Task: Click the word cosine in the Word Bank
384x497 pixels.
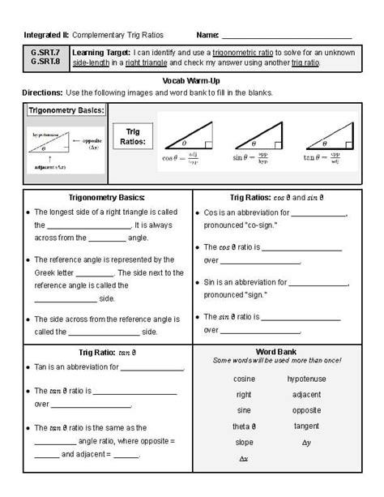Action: [x=244, y=379]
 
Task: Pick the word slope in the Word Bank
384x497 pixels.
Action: [x=244, y=442]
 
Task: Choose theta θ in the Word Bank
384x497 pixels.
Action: [x=244, y=426]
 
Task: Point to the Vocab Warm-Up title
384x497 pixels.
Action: [x=191, y=81]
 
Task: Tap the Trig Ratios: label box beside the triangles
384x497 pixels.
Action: [x=134, y=136]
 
